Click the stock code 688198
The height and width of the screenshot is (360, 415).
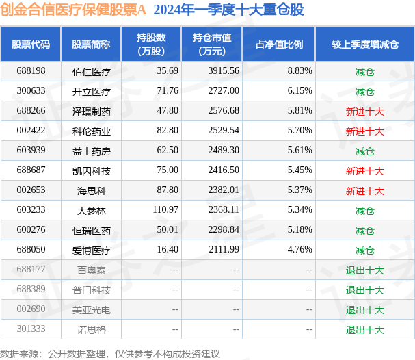pyautogui.click(x=31, y=70)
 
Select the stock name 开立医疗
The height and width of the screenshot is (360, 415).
pyautogui.click(x=92, y=92)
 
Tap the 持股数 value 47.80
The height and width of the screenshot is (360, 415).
pyautogui.click(x=168, y=110)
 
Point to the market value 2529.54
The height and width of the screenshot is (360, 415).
pyautogui.click(x=224, y=130)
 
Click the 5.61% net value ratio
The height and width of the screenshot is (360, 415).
pyautogui.click(x=300, y=150)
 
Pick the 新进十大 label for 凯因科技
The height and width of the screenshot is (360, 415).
pyautogui.click(x=364, y=171)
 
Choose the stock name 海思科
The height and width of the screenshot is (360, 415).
pyautogui.click(x=92, y=191)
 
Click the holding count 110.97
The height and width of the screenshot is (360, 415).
pyautogui.click(x=165, y=210)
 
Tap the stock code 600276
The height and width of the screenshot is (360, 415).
pyautogui.click(x=31, y=229)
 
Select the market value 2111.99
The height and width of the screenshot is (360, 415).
pyautogui.click(x=224, y=249)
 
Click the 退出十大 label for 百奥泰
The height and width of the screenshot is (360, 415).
pyautogui.click(x=364, y=270)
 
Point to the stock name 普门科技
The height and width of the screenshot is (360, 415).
pyautogui.click(x=92, y=290)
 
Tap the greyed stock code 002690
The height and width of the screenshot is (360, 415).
pyautogui.click(x=31, y=309)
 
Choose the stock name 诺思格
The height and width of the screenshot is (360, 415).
pyautogui.click(x=92, y=330)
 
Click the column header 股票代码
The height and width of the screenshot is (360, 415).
pyautogui.click(x=31, y=44)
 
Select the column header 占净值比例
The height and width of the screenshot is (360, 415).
pyautogui.click(x=279, y=44)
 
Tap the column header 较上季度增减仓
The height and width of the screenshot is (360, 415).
pyautogui.click(x=365, y=44)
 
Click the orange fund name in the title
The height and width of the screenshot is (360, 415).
pyautogui.click(x=73, y=10)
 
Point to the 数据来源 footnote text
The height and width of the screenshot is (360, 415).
pyautogui.click(x=110, y=354)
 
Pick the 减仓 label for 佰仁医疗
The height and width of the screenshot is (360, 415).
pyautogui.click(x=364, y=72)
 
